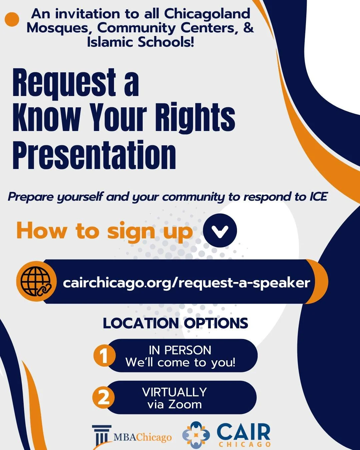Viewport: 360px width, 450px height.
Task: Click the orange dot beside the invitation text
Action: click(12, 19)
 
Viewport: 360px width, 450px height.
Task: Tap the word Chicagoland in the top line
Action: click(207, 14)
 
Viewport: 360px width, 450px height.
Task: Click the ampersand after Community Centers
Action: click(248, 28)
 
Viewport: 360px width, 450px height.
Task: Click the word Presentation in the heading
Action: click(94, 155)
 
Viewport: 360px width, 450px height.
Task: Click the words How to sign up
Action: click(105, 231)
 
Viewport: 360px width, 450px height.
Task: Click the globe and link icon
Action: click(36, 282)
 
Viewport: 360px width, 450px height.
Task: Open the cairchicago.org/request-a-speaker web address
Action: click(186, 283)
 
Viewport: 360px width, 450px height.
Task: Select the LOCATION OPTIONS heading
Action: click(175, 323)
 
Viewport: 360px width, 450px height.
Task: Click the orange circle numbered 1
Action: click(104, 356)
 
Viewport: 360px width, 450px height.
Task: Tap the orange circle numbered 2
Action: click(104, 397)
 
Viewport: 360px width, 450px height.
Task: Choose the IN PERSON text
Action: click(180, 350)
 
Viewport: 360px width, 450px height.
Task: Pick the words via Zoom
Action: click(175, 405)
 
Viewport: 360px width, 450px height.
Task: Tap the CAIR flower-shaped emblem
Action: click(196, 434)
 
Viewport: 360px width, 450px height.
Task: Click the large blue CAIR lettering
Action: click(243, 432)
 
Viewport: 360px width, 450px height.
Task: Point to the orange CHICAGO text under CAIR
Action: click(245, 444)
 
